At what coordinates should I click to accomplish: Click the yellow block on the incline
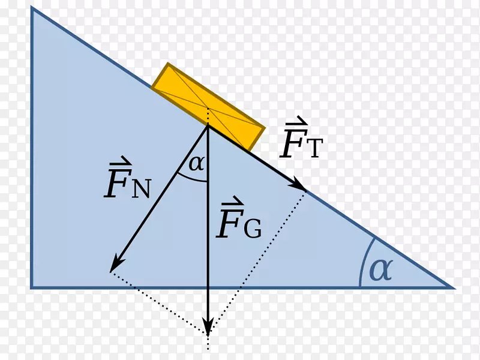[208, 107]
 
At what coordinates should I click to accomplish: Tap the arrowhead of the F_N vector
[116, 264]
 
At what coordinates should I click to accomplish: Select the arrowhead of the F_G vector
[208, 328]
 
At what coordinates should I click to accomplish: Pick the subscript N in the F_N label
[142, 189]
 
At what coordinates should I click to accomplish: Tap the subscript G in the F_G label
[253, 229]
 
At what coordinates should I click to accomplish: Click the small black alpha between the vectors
[196, 163]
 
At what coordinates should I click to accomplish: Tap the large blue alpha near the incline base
[381, 269]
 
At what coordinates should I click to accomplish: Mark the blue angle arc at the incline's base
[364, 261]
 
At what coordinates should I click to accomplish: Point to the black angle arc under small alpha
[191, 179]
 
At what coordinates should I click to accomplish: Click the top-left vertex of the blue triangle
[32, 7]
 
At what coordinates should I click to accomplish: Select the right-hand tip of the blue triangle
[454, 288]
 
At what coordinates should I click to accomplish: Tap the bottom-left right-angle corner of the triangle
[32, 288]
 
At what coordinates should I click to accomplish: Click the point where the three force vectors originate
[208, 125]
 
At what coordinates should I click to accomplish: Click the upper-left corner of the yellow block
[168, 64]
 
